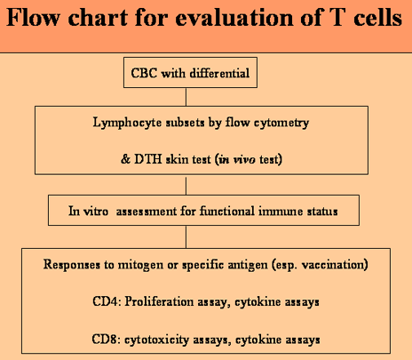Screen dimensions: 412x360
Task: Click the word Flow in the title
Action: click(x=33, y=17)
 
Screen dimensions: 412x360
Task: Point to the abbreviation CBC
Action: click(x=144, y=73)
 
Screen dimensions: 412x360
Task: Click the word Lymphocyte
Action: click(x=127, y=123)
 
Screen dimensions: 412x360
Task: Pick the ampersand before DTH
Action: click(x=125, y=159)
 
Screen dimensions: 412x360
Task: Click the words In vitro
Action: click(x=88, y=212)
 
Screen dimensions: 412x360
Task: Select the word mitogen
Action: click(x=140, y=265)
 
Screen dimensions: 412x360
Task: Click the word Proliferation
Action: click(x=159, y=302)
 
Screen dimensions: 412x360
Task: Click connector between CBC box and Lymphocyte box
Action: click(x=186, y=97)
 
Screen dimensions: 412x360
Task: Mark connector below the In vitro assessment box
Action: click(x=186, y=236)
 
